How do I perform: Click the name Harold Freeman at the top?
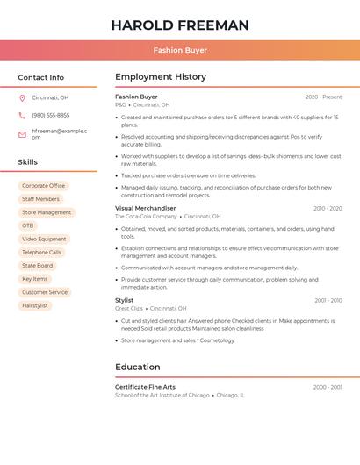pyautogui.click(x=179, y=25)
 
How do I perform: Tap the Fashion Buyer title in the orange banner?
pyautogui.click(x=179, y=51)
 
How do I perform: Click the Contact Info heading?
pyautogui.click(x=40, y=77)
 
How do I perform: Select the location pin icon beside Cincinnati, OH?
pyautogui.click(x=22, y=97)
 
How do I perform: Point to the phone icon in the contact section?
pyautogui.click(x=22, y=115)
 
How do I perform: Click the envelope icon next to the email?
pyautogui.click(x=22, y=134)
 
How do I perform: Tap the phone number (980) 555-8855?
pyautogui.click(x=50, y=115)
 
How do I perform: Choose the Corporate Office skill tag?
pyautogui.click(x=44, y=186)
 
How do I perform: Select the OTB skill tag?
pyautogui.click(x=28, y=225)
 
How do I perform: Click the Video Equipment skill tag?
pyautogui.click(x=44, y=239)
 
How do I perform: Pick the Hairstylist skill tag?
pyautogui.click(x=35, y=305)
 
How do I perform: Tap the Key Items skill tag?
pyautogui.click(x=35, y=279)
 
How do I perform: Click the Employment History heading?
pyautogui.click(x=161, y=77)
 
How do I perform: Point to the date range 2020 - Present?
pyautogui.click(x=323, y=97)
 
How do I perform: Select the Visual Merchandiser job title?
pyautogui.click(x=145, y=208)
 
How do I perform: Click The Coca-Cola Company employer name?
pyautogui.click(x=146, y=216)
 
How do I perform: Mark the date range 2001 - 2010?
pyautogui.click(x=328, y=300)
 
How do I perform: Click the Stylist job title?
pyautogui.click(x=124, y=300)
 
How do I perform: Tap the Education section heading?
pyautogui.click(x=137, y=367)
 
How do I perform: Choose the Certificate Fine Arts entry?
pyautogui.click(x=145, y=387)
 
